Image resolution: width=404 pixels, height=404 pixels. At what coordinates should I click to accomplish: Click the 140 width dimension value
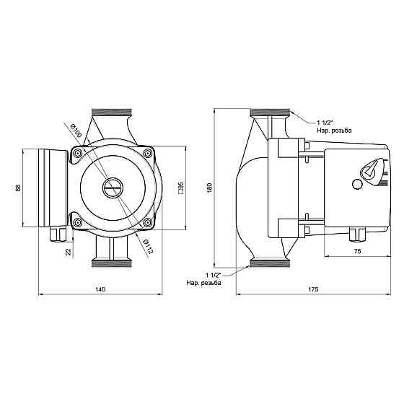(100, 289)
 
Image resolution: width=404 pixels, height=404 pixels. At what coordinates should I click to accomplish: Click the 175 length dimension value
(313, 289)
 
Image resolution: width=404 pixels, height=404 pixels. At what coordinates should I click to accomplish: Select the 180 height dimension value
(209, 188)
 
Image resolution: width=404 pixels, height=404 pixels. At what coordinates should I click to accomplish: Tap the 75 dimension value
(357, 251)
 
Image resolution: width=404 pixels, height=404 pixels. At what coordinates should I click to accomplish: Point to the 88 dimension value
(18, 188)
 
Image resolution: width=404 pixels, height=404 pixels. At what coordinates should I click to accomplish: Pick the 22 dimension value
(69, 252)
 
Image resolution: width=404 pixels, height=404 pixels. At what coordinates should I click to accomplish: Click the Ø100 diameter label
(76, 131)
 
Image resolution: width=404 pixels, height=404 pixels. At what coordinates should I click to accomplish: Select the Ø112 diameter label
(148, 246)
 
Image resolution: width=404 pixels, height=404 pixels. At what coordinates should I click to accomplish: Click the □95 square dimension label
(181, 188)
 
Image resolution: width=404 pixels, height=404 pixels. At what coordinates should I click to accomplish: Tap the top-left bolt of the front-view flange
(78, 154)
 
